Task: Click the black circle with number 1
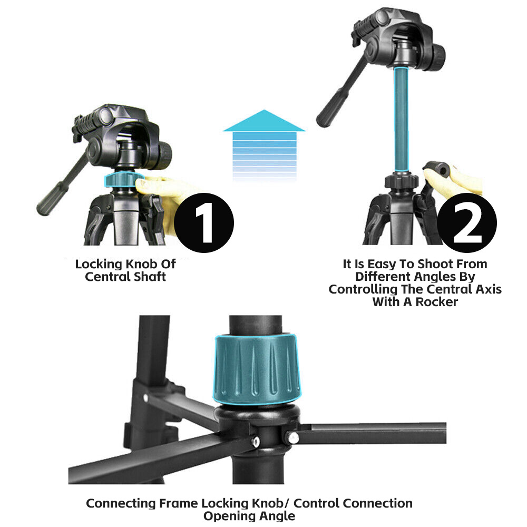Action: [x=203, y=222]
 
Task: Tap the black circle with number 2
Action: [x=467, y=222]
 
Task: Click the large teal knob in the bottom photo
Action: [x=257, y=368]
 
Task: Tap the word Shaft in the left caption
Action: [x=150, y=277]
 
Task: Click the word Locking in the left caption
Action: [x=99, y=264]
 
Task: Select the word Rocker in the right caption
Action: [x=436, y=302]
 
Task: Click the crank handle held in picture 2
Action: [x=437, y=169]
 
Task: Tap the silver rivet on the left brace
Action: [x=256, y=441]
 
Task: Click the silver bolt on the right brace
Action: [x=292, y=437]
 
